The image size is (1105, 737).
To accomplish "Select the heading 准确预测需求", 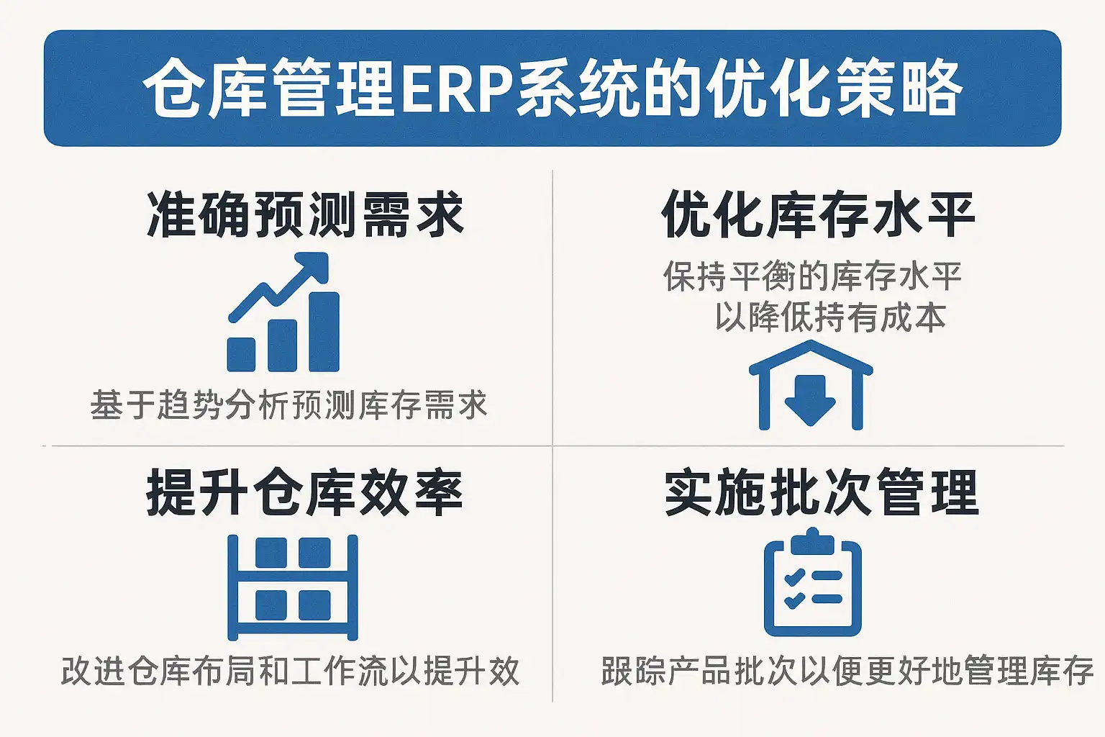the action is point(306,214).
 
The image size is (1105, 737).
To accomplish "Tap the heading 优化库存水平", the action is point(818,214).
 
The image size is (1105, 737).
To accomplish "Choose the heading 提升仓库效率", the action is point(305,492).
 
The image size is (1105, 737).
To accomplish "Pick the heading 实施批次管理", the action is point(822,492).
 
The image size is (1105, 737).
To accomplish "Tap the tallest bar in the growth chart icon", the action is point(324,332).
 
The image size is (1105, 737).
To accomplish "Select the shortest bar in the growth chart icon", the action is point(241,354).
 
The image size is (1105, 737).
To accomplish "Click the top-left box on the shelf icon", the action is point(270,552).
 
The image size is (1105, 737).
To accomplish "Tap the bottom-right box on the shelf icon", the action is point(314,605).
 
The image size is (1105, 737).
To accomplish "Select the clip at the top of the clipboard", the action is point(812,541).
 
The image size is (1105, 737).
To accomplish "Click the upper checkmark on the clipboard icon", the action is point(795,577).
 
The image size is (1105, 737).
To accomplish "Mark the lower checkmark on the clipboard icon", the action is point(795,600).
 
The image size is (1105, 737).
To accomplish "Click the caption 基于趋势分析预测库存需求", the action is point(289,405).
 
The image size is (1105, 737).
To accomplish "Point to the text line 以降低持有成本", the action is point(831,317).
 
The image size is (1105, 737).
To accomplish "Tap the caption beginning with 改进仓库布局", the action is point(290,670).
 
